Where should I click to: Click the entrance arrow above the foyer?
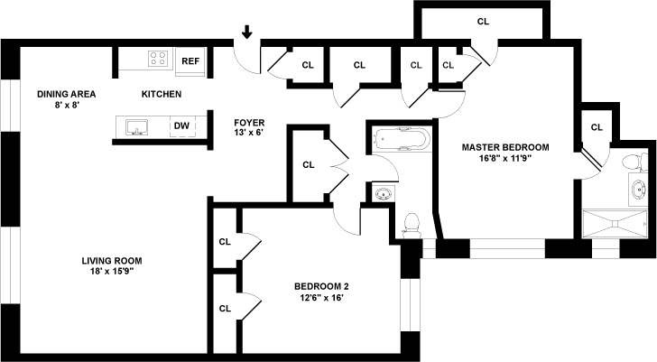(x=246, y=33)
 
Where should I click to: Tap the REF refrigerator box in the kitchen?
(x=190, y=61)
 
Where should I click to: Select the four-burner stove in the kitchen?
(x=159, y=60)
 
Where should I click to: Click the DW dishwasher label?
(x=181, y=126)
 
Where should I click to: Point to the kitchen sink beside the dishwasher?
(x=138, y=126)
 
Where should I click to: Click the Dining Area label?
(x=66, y=94)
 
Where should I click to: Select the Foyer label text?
(x=248, y=121)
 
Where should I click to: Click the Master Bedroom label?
(x=505, y=146)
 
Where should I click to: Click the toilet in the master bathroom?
(x=637, y=162)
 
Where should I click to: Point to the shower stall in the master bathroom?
(x=616, y=222)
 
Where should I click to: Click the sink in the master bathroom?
(x=640, y=190)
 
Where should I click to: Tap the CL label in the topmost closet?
(x=482, y=21)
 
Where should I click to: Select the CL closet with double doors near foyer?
(x=308, y=164)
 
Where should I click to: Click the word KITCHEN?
(x=162, y=94)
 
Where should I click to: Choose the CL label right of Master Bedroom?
(x=596, y=127)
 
